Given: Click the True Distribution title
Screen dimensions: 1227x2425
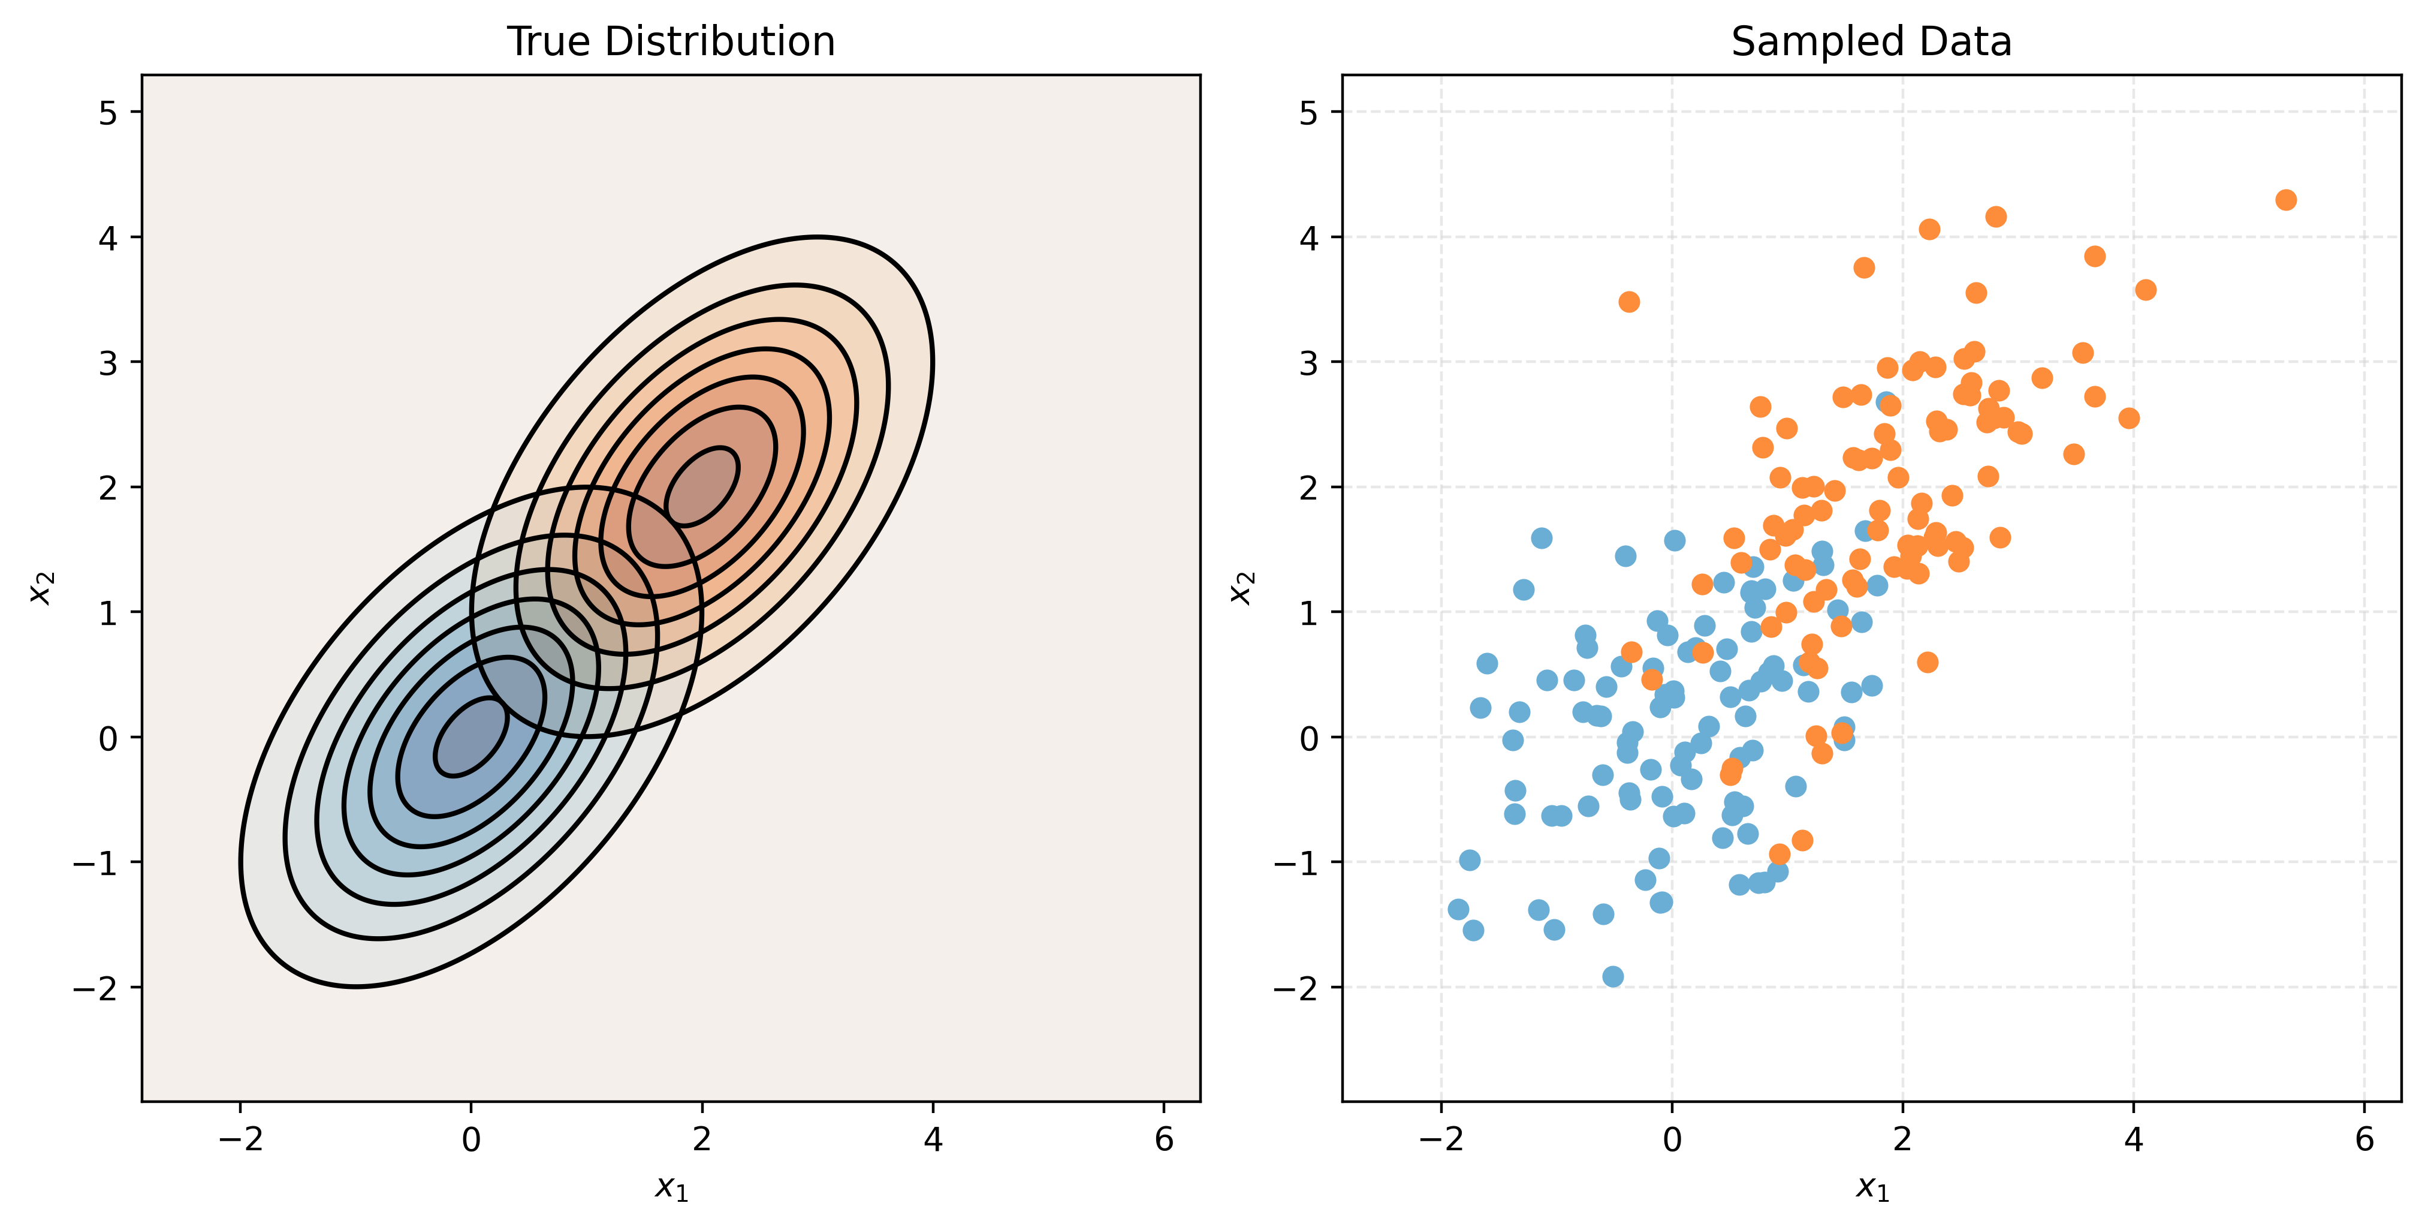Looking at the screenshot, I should coord(670,41).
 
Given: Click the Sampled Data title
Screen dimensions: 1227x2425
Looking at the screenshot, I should coord(1871,41).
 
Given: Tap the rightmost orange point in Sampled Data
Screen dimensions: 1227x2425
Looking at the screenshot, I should coord(2286,200).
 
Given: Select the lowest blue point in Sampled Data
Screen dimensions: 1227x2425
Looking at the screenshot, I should coord(1613,976).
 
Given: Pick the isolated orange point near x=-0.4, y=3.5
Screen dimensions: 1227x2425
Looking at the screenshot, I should coord(1628,301).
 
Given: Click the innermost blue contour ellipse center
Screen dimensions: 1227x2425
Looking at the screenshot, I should coord(470,736).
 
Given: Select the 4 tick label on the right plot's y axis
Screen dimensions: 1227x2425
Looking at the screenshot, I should coord(1308,238).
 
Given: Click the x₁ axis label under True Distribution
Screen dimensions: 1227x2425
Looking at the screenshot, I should coord(671,1189).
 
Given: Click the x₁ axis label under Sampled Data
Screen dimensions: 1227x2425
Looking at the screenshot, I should coord(1871,1189).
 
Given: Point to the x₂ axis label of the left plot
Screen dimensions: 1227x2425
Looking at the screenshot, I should coord(41,588).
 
